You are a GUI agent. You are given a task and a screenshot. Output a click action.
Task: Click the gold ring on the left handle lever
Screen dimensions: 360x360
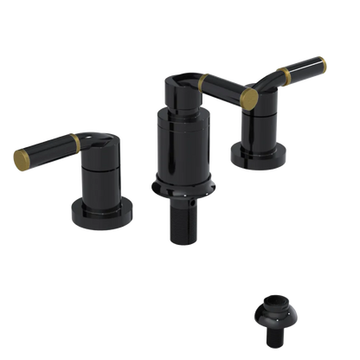coord(79,140)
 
